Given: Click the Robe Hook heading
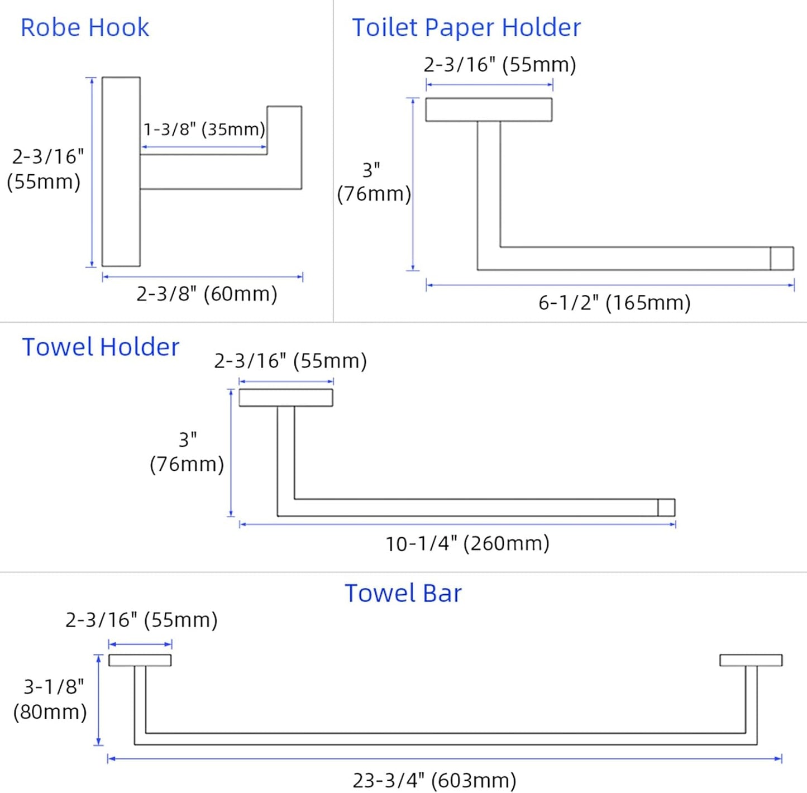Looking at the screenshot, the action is (84, 28).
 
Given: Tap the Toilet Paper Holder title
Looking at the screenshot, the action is (466, 28).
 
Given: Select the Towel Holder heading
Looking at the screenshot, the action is (101, 347).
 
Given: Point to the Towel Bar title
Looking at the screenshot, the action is (403, 593).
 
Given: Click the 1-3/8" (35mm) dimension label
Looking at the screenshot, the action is (204, 130).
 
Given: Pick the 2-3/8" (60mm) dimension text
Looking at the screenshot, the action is (207, 294).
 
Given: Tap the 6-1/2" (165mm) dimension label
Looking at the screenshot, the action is (614, 303).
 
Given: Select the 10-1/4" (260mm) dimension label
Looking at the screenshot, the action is (467, 544).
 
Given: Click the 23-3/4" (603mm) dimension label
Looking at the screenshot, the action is (434, 780).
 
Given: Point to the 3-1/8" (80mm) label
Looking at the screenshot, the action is (50, 699).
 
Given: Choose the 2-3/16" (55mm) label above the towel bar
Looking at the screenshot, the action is (141, 620).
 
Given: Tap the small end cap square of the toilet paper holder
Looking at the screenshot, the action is (782, 259).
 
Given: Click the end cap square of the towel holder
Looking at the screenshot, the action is (666, 507).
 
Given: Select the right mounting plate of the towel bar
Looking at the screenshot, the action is (751, 660).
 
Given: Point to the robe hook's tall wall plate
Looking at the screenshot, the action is (121, 171).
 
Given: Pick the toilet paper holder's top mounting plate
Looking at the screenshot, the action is (489, 110).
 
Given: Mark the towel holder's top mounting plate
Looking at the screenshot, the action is (286, 398).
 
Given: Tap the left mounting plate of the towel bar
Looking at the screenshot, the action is (140, 660).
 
